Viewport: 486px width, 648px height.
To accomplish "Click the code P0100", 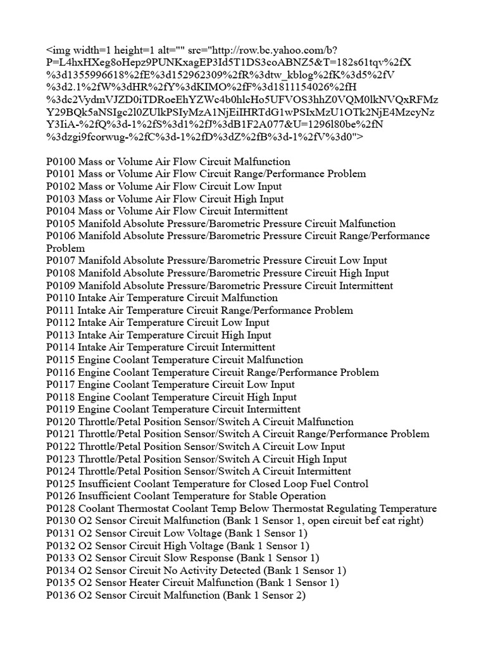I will (x=60, y=161).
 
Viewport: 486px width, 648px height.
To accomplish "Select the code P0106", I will (x=60, y=236).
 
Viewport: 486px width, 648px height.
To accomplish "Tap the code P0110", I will (x=60, y=298).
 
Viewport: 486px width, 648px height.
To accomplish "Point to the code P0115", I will (x=60, y=360).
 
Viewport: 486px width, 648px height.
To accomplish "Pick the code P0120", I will (x=60, y=422).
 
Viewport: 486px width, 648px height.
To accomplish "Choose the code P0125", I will (x=60, y=484).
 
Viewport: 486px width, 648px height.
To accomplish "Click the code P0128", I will (x=60, y=509).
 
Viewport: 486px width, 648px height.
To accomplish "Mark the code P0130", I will (x=60, y=521).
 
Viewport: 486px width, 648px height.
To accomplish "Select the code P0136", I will (x=60, y=595).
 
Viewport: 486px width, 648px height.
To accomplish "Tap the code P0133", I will (x=60, y=558).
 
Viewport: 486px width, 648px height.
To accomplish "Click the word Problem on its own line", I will (x=66, y=248).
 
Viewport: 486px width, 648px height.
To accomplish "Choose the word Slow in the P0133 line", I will (x=174, y=558).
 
